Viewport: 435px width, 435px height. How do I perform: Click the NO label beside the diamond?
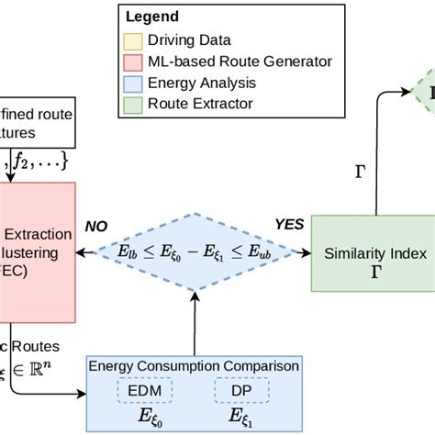[97, 225]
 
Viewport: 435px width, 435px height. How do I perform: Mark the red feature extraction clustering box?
[37, 250]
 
